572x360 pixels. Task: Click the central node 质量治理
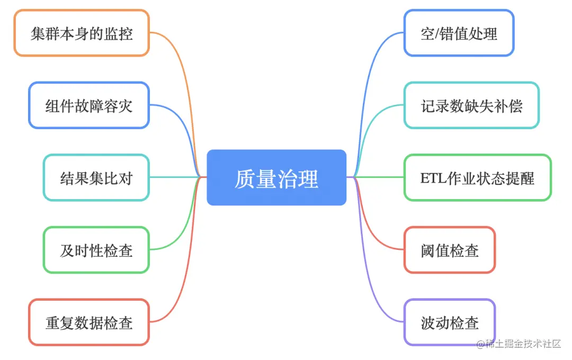(x=276, y=178)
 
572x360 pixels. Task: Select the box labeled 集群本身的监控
(x=81, y=33)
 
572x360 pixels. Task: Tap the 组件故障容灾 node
(x=88, y=105)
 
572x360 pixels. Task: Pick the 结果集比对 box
(x=96, y=178)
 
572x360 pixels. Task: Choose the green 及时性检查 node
(x=96, y=250)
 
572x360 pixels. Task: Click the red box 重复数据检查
(x=88, y=322)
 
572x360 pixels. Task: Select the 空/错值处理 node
(x=459, y=33)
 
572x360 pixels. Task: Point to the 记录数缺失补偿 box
(x=471, y=105)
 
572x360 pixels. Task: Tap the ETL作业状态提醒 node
(x=477, y=178)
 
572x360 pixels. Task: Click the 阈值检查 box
(x=450, y=250)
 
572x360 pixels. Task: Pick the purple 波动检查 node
(x=450, y=322)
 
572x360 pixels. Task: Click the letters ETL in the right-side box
(x=431, y=178)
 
